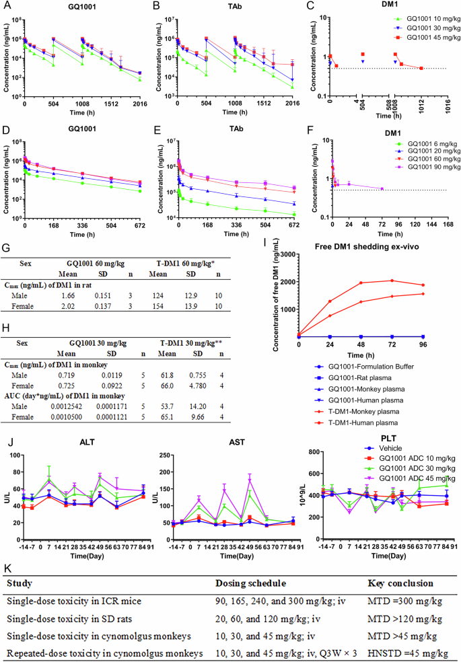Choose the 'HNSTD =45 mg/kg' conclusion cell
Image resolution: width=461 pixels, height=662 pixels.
pos(406,651)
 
